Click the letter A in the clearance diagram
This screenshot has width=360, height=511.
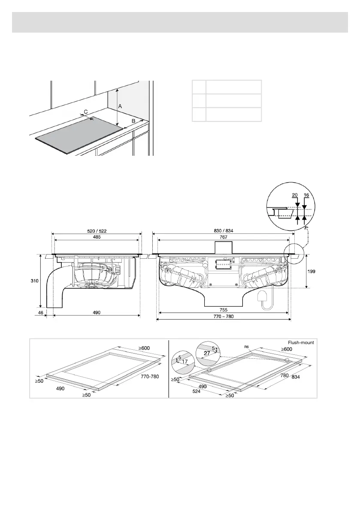click(121, 106)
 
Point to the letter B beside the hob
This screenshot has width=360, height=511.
click(133, 121)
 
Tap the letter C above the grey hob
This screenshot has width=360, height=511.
click(86, 112)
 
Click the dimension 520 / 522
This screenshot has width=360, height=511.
click(97, 231)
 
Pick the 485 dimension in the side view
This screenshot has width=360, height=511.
click(97, 237)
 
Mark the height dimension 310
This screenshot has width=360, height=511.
click(40, 281)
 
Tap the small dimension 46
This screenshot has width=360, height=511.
click(40, 313)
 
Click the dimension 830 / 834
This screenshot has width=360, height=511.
click(224, 231)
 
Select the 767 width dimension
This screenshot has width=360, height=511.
click(224, 237)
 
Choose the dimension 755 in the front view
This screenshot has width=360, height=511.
click(224, 309)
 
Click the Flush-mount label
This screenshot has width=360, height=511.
click(301, 342)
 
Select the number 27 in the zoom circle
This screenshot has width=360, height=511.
click(207, 354)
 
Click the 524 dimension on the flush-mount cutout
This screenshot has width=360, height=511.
click(197, 391)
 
